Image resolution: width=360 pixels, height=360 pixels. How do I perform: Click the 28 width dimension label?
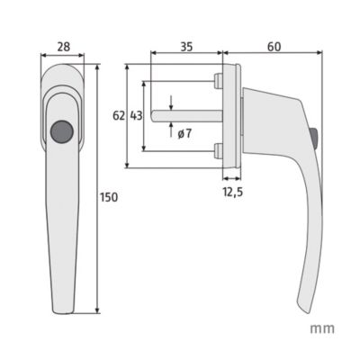(64, 47)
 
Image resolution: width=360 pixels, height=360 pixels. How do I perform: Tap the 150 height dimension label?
(109, 197)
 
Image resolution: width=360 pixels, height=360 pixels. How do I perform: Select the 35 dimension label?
(186, 47)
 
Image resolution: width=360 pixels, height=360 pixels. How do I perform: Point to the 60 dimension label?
(274, 47)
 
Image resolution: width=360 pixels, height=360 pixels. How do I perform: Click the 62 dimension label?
(119, 115)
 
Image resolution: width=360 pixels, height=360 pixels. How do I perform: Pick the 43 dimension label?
(136, 115)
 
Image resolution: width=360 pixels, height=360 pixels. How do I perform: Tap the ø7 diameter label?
(184, 133)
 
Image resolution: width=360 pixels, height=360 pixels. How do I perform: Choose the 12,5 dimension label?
(232, 192)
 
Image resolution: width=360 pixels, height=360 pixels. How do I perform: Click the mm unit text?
(322, 328)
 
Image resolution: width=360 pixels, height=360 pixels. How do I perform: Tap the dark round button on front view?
(62, 131)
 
